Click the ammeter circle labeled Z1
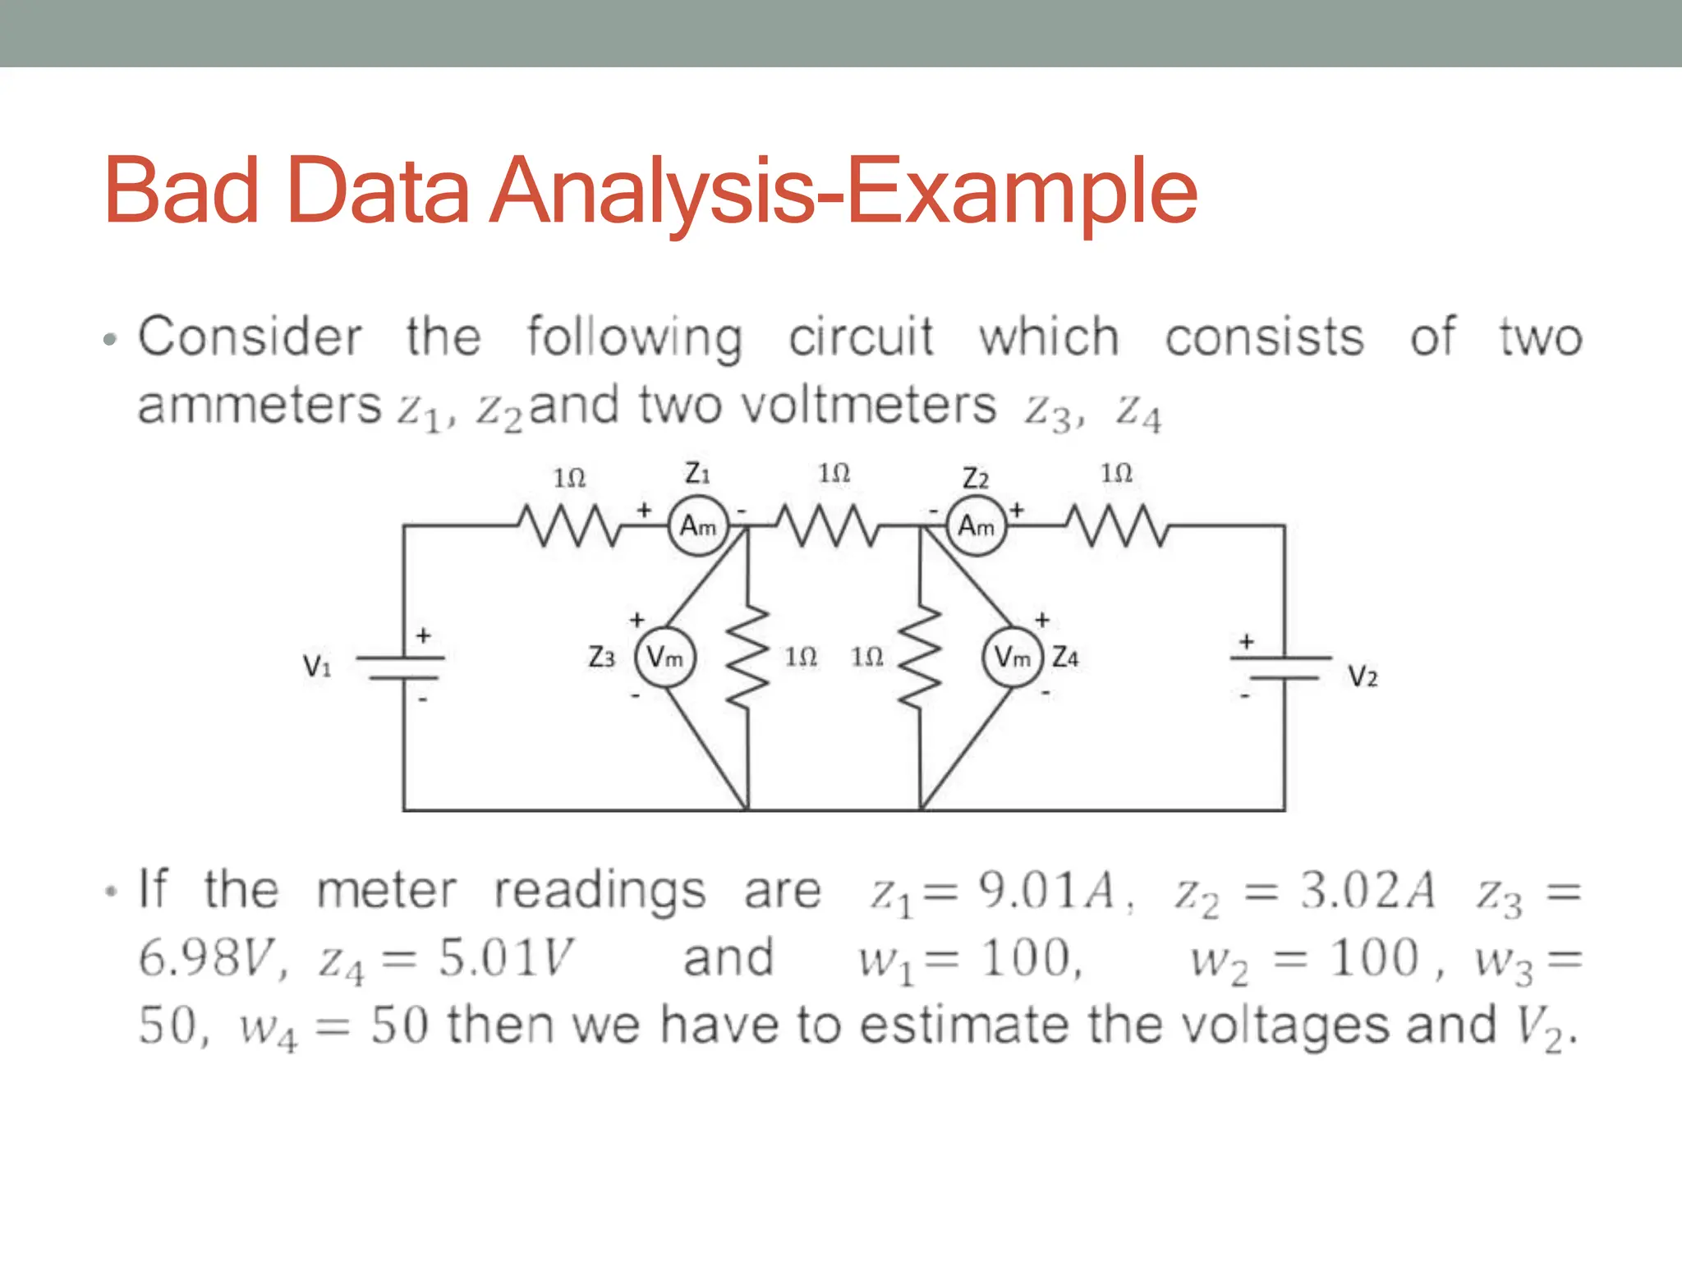[x=698, y=525]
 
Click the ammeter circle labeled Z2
[x=976, y=525]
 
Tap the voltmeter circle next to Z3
[x=664, y=657]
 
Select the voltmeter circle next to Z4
[x=1013, y=657]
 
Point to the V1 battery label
[x=317, y=665]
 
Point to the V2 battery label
[x=1363, y=676]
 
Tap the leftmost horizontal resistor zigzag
[x=569, y=525]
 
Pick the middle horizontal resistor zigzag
[x=828, y=525]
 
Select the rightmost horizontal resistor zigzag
[x=1115, y=525]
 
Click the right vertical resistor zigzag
[x=921, y=657]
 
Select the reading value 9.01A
[x=1047, y=890]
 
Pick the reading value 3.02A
[x=1367, y=890]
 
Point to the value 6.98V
[x=205, y=958]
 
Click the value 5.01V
[x=505, y=958]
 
